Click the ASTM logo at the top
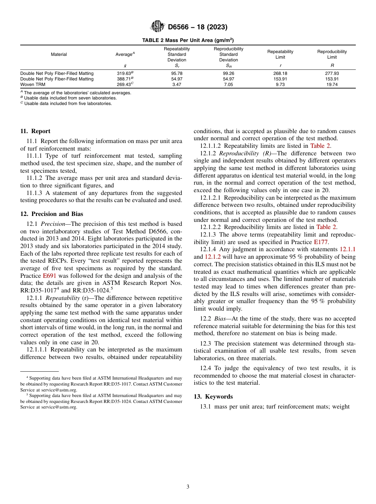click(157, 27)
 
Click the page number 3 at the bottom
click(188, 487)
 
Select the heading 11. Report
click(35, 131)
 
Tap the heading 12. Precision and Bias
click(51, 214)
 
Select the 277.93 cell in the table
click(332, 73)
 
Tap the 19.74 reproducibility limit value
click(332, 84)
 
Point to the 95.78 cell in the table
click(177, 73)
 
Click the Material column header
click(59, 54)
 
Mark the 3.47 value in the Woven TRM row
click(177, 84)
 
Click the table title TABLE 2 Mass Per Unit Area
click(188, 40)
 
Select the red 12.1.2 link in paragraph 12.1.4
click(213, 256)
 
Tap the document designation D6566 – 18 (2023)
click(197, 27)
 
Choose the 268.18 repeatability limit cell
click(280, 73)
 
